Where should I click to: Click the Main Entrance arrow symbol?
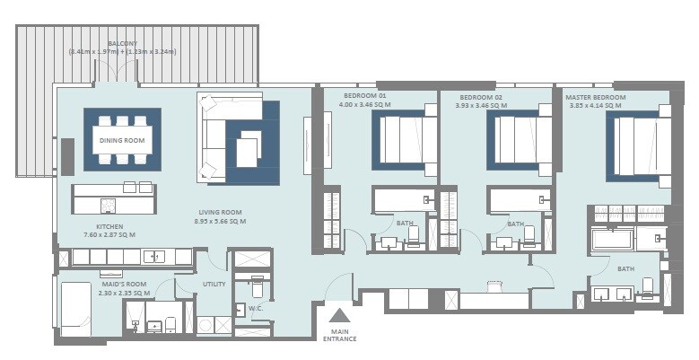339,316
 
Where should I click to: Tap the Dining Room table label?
122,139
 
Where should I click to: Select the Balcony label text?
123,43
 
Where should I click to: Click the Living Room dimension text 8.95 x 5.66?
222,221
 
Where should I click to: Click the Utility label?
213,285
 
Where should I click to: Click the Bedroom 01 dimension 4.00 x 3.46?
365,105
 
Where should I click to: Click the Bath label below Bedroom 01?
405,224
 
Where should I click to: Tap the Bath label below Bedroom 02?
515,224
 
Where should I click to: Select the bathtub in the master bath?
612,240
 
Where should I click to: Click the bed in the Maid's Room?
76,307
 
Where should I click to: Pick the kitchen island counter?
114,199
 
